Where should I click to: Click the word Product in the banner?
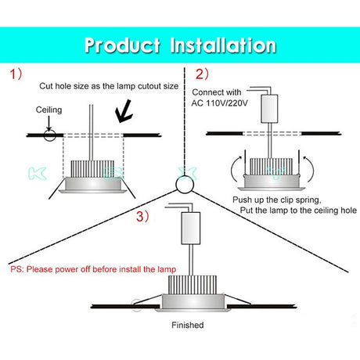122,45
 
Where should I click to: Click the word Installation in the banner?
223,45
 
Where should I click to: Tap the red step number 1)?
16,74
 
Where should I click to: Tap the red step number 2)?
202,74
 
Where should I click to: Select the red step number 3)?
142,217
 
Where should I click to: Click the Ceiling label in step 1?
49,110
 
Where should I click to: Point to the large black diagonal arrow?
124,112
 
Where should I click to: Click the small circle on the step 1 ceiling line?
49,135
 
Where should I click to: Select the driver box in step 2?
269,109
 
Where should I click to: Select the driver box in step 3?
191,229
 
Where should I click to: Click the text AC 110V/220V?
219,103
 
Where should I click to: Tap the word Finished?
188,325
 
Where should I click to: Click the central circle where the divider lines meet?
185,185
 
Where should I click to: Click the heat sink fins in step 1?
92,168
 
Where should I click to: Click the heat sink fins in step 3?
193,284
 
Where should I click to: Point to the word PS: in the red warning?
17,269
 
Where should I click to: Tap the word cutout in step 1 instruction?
149,86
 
